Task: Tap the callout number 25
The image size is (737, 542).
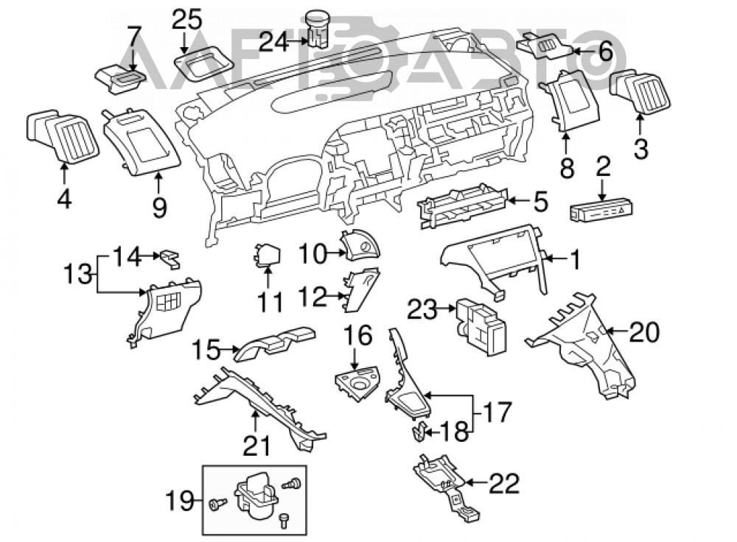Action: click(x=186, y=20)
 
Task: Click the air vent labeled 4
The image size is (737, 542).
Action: click(x=62, y=135)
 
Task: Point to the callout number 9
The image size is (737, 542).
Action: click(x=159, y=207)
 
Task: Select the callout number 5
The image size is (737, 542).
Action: click(x=540, y=202)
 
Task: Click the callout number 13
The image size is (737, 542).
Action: click(x=77, y=274)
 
